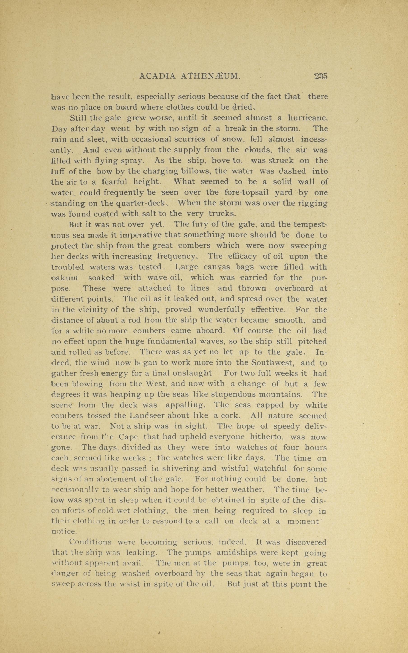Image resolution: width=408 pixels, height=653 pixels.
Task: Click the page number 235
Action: point(321,76)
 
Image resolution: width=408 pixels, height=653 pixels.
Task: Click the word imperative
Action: point(140,235)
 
